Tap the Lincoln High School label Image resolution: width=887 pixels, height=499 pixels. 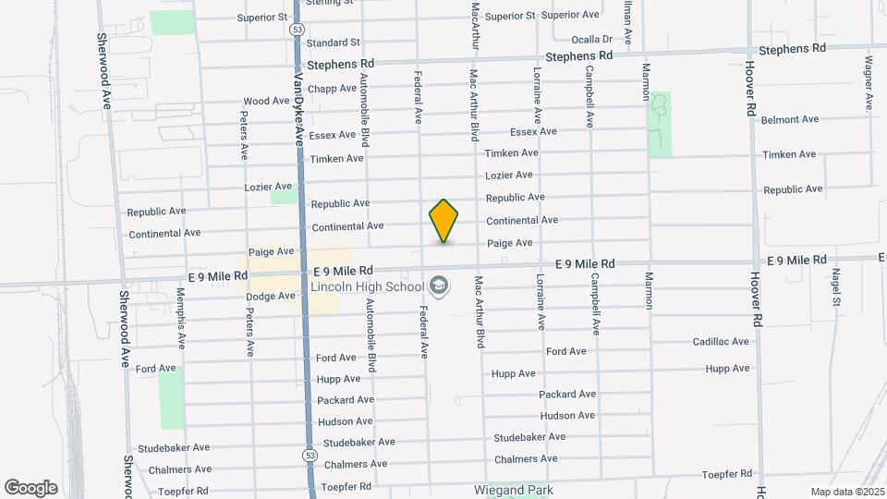(x=368, y=286)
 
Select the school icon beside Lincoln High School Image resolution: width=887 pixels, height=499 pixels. (x=440, y=286)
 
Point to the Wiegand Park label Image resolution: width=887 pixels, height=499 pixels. (x=513, y=490)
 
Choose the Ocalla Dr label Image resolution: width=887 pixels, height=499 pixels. (x=593, y=39)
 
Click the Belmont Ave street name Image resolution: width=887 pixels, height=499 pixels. (x=790, y=119)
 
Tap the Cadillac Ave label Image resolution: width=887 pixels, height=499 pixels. (x=721, y=342)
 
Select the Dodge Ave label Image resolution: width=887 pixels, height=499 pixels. (x=271, y=296)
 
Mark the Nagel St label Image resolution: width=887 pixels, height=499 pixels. (x=835, y=287)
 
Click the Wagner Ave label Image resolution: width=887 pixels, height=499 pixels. (x=869, y=84)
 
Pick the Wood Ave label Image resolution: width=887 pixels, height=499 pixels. (x=266, y=101)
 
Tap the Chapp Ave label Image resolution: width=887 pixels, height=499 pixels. (x=332, y=89)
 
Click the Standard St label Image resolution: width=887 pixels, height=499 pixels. (x=333, y=43)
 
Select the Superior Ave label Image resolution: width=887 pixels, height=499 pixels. (x=570, y=16)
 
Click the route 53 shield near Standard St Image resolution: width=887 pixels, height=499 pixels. (x=296, y=30)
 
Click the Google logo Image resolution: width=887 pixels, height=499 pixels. (x=30, y=488)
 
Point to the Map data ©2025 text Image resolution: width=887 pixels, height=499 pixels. (x=846, y=492)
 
